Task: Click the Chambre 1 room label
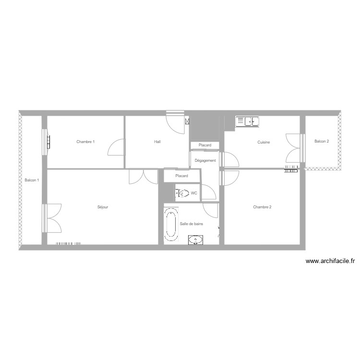(85, 142)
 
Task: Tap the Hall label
(157, 142)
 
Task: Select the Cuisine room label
(264, 142)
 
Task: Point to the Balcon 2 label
(322, 142)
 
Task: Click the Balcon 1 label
(32, 180)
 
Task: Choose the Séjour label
(103, 207)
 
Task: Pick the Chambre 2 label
(263, 207)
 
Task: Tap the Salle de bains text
(191, 224)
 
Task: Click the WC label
(194, 193)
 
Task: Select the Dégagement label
(205, 161)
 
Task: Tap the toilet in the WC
(182, 193)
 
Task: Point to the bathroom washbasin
(195, 240)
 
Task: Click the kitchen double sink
(248, 122)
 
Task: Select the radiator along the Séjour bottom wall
(69, 243)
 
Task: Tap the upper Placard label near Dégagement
(205, 145)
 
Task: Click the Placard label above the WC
(181, 176)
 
